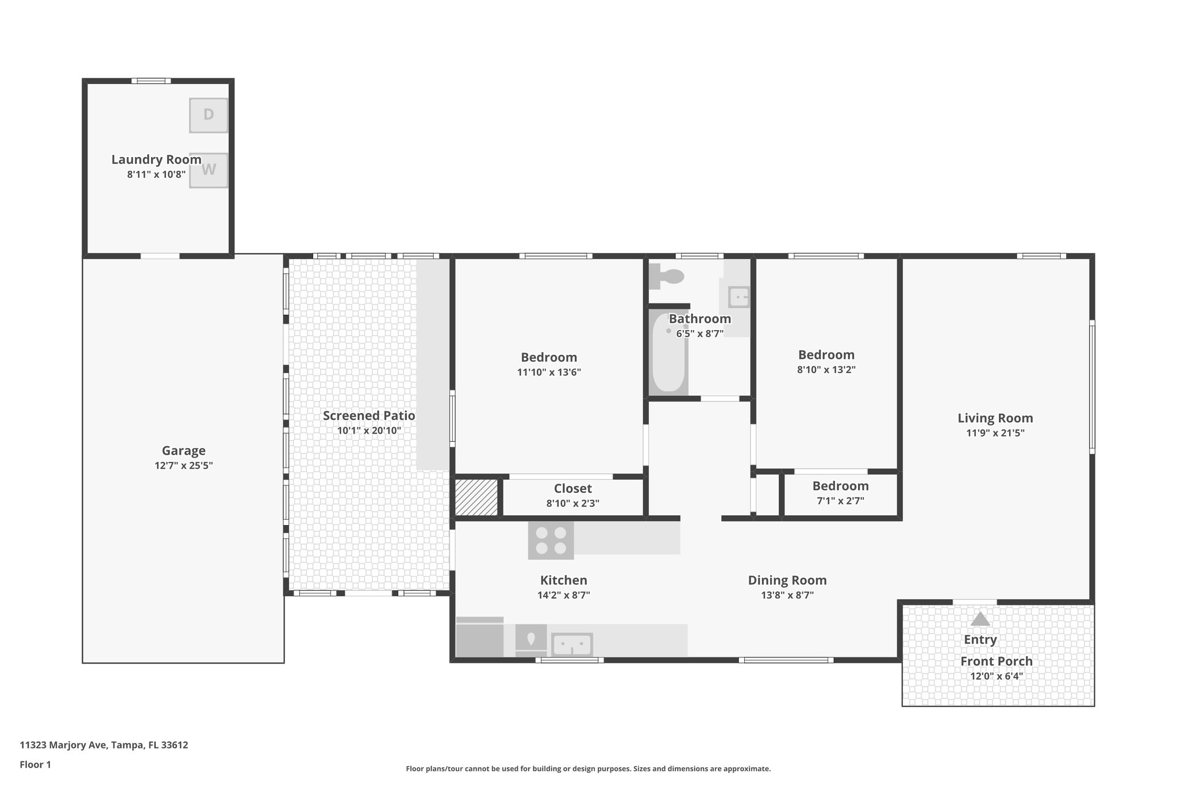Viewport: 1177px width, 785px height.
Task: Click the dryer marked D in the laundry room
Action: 208,115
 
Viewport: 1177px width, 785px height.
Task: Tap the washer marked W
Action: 208,170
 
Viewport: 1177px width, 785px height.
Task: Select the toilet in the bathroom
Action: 668,277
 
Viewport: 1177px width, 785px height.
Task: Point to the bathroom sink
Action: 738,297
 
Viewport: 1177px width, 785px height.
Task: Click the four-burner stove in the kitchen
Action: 551,541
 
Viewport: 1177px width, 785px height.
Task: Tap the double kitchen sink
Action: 572,644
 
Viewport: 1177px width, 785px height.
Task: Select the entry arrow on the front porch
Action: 980,619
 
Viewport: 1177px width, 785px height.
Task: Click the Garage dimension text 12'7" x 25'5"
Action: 183,466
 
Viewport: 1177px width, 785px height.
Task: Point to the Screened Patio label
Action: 368,416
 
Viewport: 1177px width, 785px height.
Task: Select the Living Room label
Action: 995,419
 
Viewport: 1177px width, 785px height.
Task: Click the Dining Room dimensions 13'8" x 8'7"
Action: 787,595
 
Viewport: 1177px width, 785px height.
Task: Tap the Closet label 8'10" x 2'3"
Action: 572,503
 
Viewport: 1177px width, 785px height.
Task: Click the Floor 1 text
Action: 35,765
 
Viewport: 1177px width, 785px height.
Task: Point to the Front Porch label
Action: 996,661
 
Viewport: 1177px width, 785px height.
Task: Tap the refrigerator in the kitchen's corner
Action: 479,637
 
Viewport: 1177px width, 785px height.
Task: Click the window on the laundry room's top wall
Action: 151,81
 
